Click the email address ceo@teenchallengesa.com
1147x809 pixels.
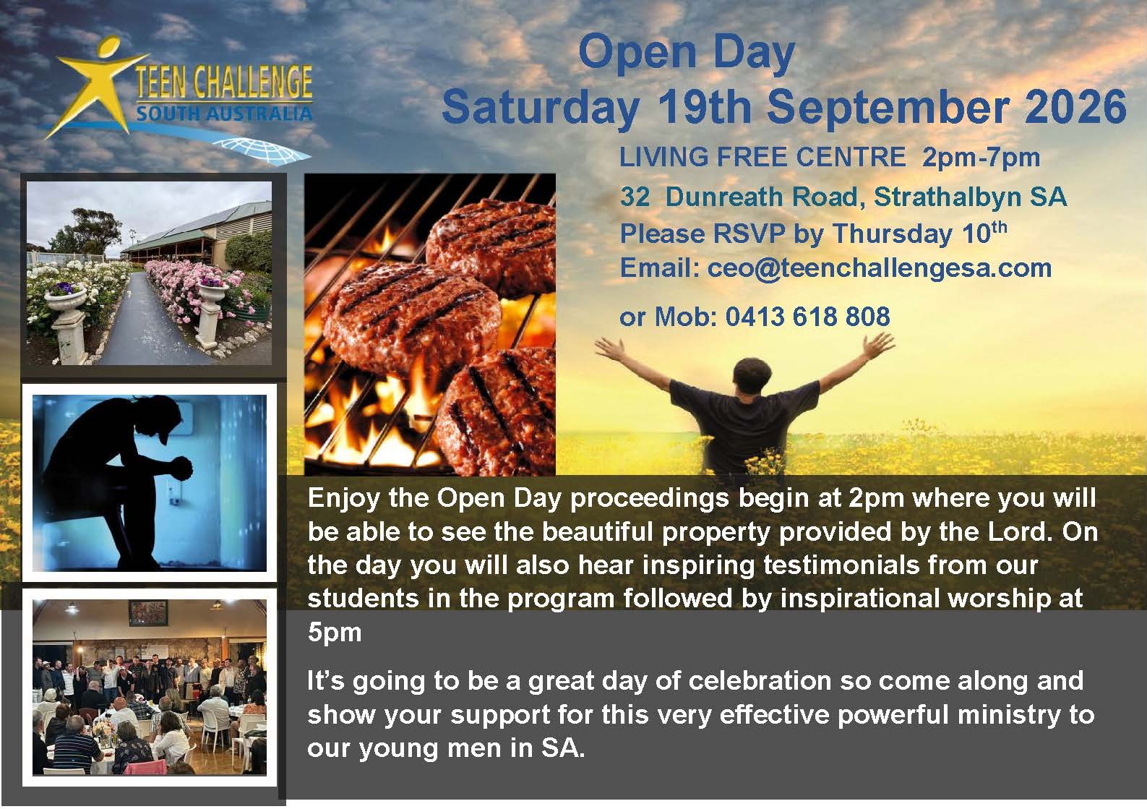(x=880, y=268)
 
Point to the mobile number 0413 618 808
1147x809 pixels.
(x=807, y=317)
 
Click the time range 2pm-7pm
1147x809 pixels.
(x=981, y=158)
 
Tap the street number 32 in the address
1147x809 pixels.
(x=635, y=197)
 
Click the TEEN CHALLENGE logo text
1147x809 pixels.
(x=224, y=82)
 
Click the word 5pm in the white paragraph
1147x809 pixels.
(x=335, y=633)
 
